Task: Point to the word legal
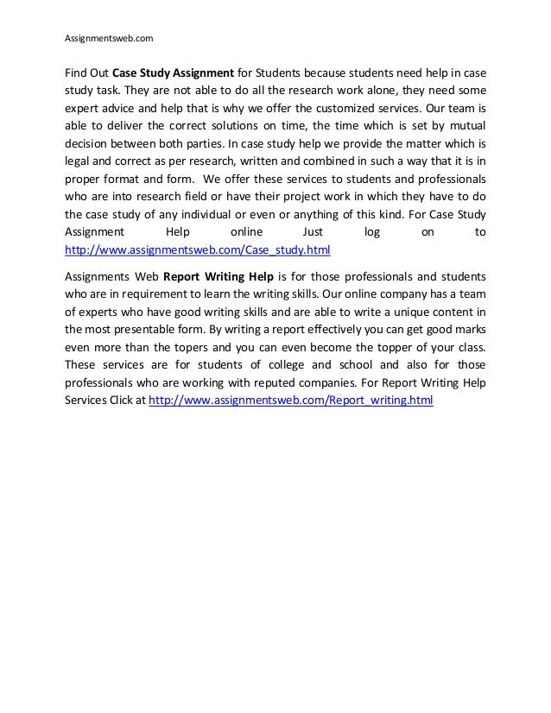click(81, 167)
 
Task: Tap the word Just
click(312, 232)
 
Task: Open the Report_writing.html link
click(291, 401)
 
